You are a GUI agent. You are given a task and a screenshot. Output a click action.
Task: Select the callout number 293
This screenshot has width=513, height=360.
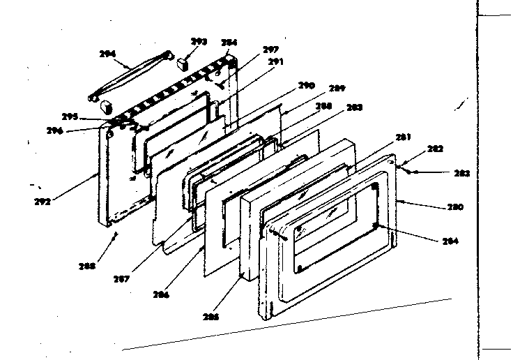point(199,42)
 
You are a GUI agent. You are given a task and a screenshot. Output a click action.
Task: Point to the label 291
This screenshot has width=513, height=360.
point(276,61)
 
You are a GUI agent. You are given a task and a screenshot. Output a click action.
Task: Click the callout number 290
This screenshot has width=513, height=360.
point(307,86)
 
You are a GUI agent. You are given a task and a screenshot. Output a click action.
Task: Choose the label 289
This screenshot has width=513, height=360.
point(337,89)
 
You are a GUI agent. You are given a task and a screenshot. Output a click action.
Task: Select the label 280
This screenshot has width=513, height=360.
point(454,207)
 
